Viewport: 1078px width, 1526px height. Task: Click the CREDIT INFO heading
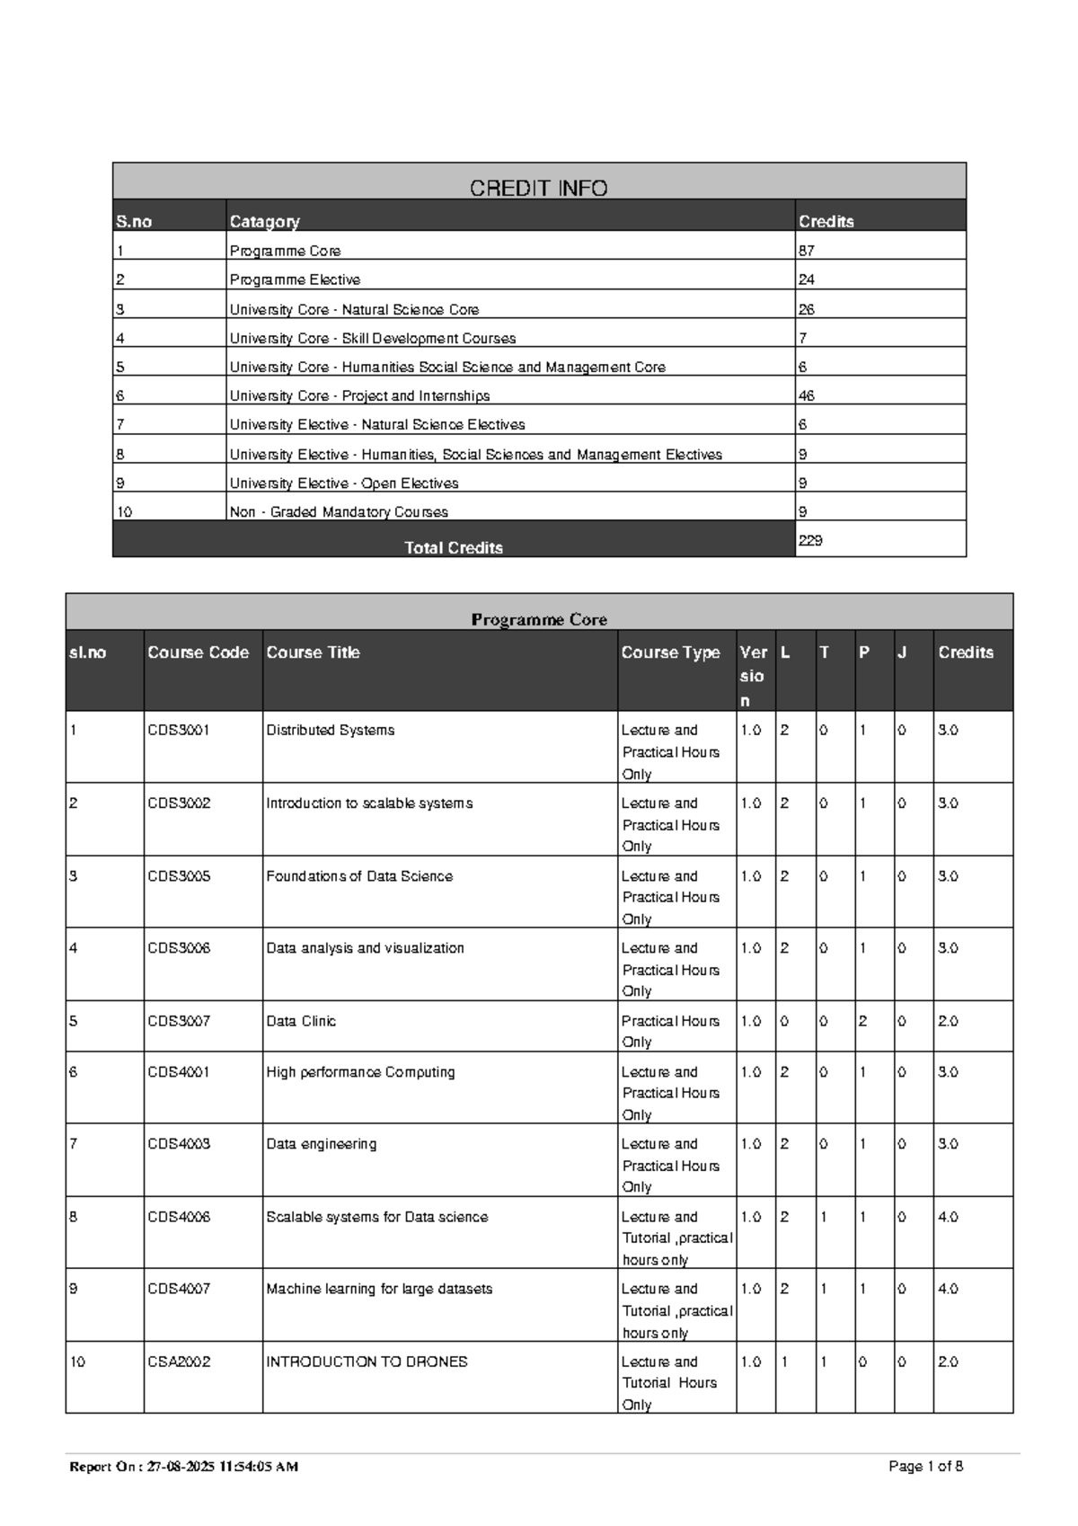pos(539,188)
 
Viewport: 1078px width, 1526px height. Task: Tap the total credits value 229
pos(810,540)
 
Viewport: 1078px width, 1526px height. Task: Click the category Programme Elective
pos(295,279)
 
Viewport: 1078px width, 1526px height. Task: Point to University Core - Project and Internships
pos(359,395)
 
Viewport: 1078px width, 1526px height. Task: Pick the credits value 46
pos(806,395)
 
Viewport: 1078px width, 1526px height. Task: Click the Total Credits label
pos(454,547)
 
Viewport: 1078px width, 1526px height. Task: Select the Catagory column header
pos(264,221)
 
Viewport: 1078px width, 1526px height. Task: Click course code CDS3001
pos(179,730)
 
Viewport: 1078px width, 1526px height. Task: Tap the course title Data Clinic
pos(301,1021)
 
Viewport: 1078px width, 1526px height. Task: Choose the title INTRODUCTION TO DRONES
pos(367,1362)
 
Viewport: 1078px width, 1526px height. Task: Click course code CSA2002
pos(179,1362)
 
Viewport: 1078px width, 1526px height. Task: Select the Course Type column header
pos(670,652)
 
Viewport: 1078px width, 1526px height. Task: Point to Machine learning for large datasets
pos(379,1289)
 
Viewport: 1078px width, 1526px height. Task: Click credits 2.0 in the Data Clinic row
pos(948,1021)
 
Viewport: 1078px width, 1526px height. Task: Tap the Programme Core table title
pos(539,619)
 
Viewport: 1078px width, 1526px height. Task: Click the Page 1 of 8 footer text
pos(925,1467)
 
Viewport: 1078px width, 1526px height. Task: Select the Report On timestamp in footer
pos(184,1467)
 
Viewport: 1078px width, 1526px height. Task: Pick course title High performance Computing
pos(360,1071)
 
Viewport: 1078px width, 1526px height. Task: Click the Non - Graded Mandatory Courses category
pos(339,511)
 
